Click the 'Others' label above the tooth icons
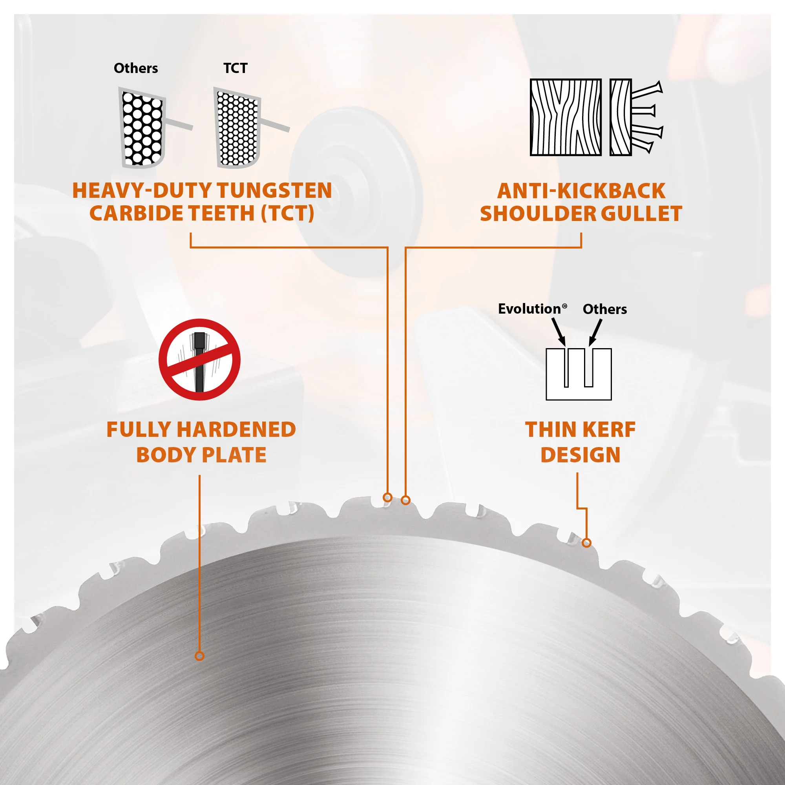point(136,68)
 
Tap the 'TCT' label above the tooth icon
point(235,68)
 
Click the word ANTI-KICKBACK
point(581,191)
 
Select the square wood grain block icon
point(566,117)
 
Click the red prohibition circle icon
point(199,360)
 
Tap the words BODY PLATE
point(201,455)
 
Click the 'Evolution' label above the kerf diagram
point(532,309)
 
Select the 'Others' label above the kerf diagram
point(604,309)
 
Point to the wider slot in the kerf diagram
point(589,367)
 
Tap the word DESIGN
point(580,455)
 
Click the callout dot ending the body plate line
point(199,656)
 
